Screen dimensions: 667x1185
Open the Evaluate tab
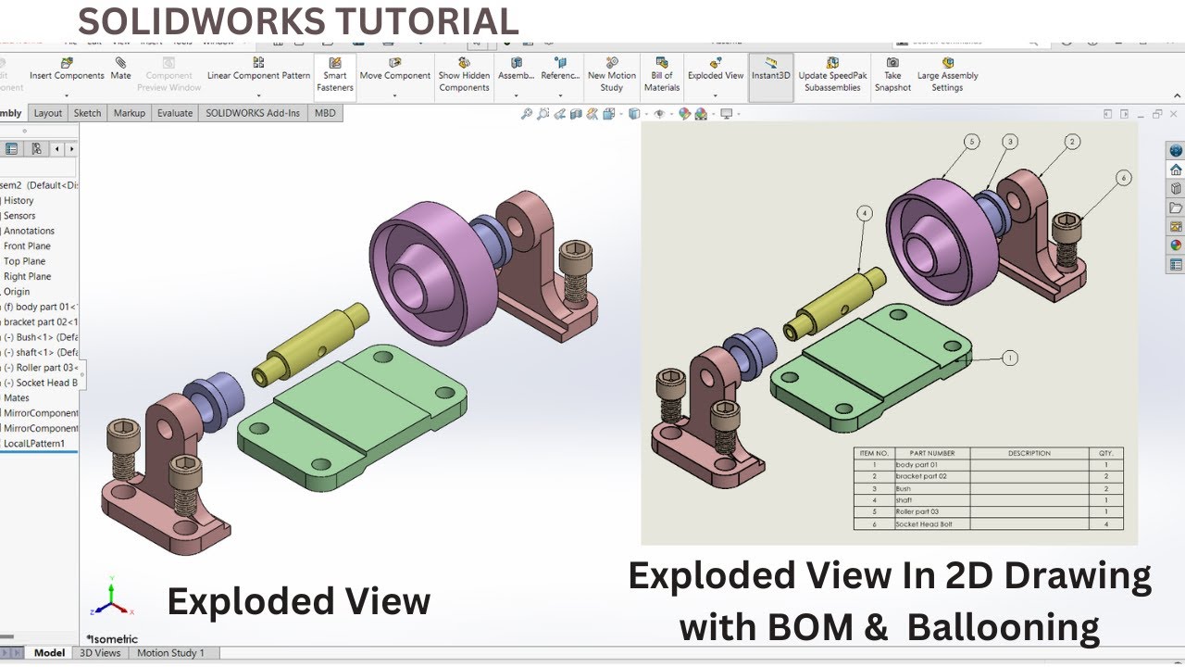click(x=175, y=113)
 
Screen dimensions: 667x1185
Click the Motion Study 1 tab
click(x=171, y=653)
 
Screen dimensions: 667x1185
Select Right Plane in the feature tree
click(x=28, y=276)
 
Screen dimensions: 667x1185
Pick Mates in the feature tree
click(x=17, y=397)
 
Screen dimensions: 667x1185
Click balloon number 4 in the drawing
click(x=865, y=213)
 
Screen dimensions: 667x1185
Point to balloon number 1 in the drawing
click(x=1009, y=358)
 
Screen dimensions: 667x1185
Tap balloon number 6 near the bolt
click(x=1123, y=178)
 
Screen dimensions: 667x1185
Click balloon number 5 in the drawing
click(x=971, y=142)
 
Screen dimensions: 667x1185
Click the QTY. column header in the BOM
click(x=1105, y=453)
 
